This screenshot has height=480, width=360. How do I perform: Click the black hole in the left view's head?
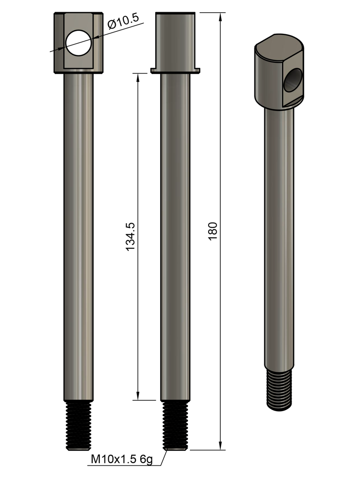[78, 43]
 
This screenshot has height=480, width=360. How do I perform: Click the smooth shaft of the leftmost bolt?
[78, 234]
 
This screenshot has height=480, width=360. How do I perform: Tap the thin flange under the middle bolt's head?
[175, 71]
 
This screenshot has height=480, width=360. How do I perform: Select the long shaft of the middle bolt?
[175, 234]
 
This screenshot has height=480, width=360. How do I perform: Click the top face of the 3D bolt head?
[278, 47]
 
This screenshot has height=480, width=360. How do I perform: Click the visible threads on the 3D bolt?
[279, 389]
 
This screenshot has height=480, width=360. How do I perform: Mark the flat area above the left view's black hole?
[78, 22]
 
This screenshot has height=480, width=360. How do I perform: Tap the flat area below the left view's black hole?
[78, 62]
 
